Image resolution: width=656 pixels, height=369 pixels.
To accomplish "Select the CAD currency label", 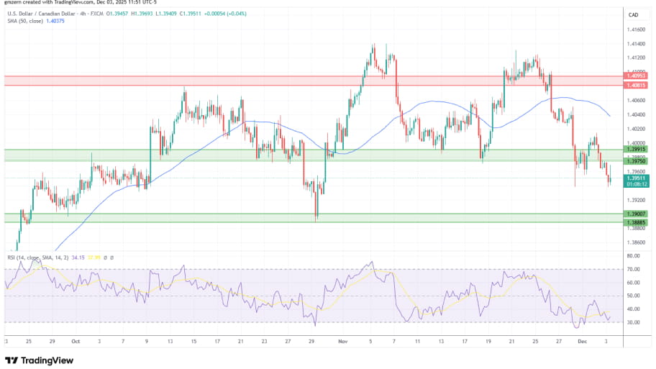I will [634, 15].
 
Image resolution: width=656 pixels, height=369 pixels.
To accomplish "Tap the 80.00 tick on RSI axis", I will [633, 256].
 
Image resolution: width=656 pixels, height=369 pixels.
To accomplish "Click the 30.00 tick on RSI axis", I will [633, 322].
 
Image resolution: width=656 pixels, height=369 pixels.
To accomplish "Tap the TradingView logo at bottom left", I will [41, 360].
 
